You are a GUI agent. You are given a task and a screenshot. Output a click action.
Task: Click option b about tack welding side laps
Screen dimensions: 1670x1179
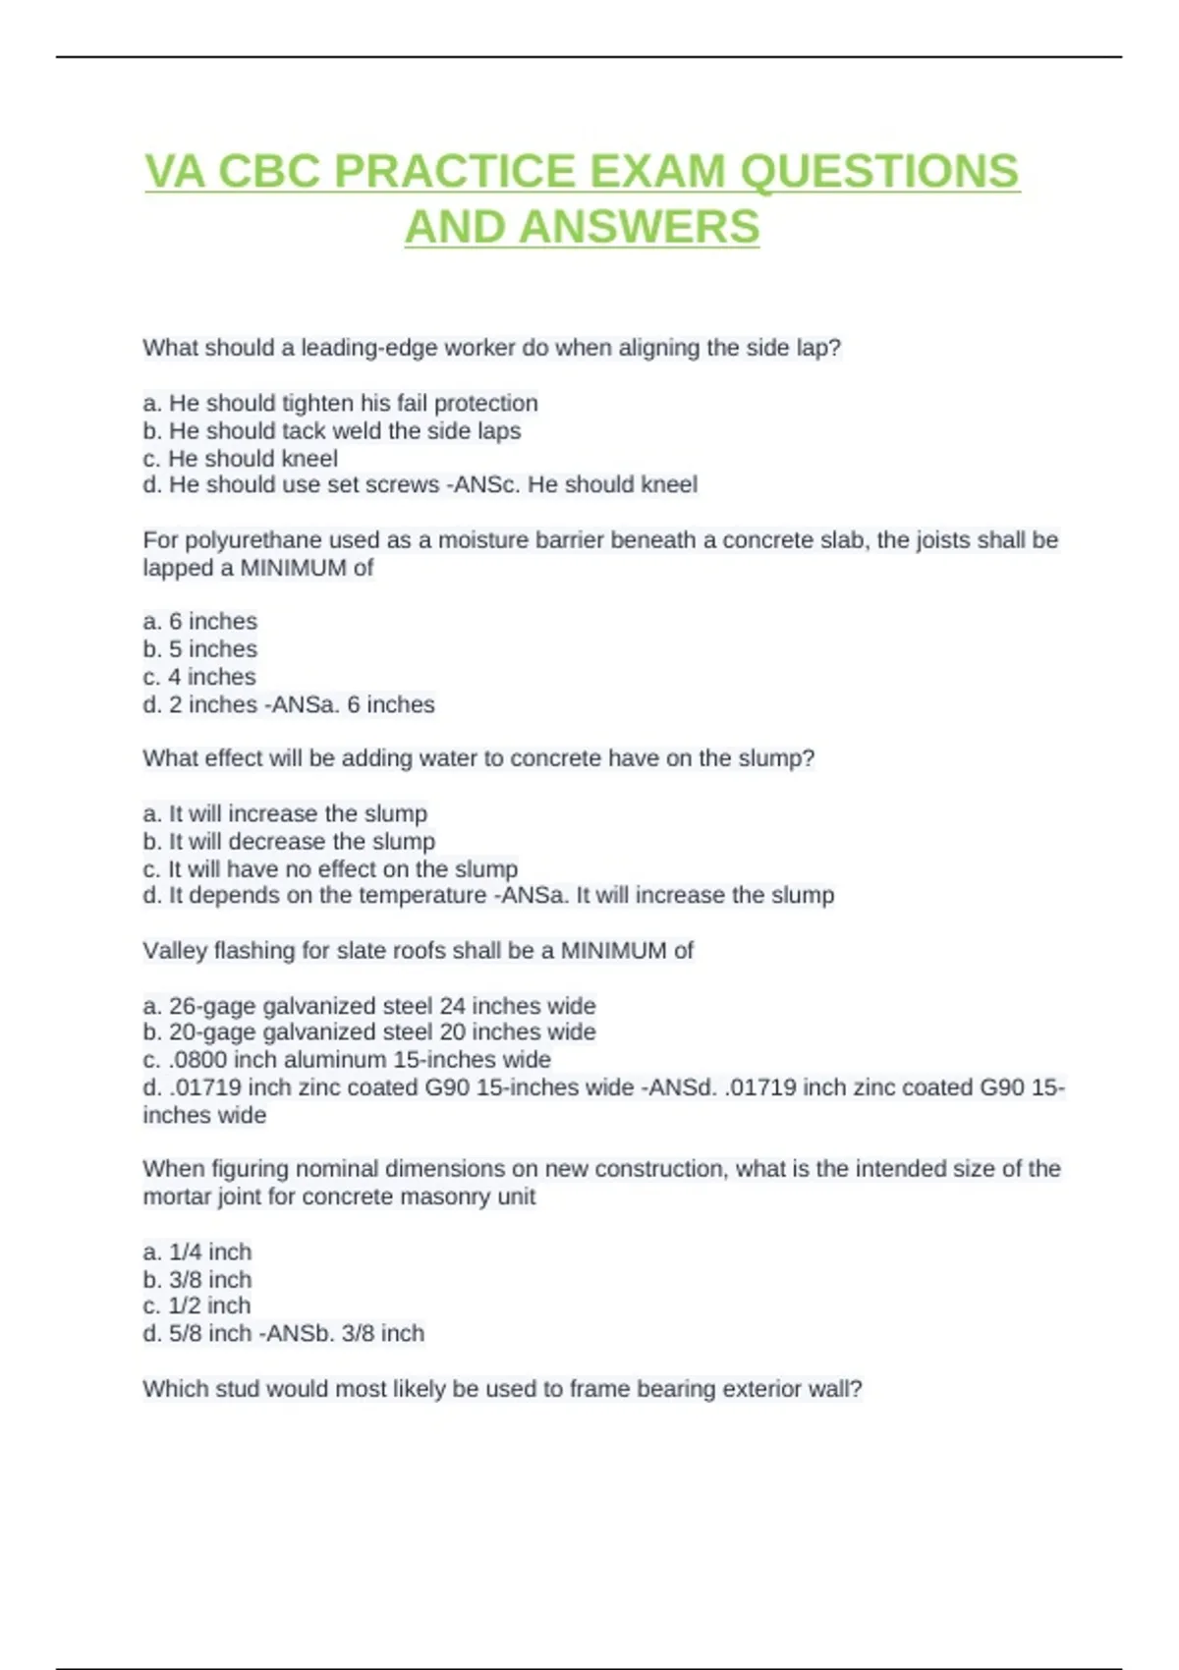click(332, 430)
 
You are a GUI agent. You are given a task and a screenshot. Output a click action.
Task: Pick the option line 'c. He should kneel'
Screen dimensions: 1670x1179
click(241, 458)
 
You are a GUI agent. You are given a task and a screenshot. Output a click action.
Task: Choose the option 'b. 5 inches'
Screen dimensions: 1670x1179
click(200, 648)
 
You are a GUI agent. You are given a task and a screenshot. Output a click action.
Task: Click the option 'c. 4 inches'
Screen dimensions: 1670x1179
click(199, 676)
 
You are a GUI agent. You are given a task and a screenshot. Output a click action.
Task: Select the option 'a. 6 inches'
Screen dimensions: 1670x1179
click(200, 621)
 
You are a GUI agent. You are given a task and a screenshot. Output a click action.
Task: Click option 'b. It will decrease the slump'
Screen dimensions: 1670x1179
click(289, 841)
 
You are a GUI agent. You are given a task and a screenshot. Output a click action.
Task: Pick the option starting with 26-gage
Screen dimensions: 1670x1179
click(369, 1005)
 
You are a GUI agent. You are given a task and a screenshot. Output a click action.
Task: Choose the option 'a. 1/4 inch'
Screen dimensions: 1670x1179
click(197, 1252)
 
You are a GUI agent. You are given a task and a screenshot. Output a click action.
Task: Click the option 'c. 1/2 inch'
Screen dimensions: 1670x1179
click(197, 1306)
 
